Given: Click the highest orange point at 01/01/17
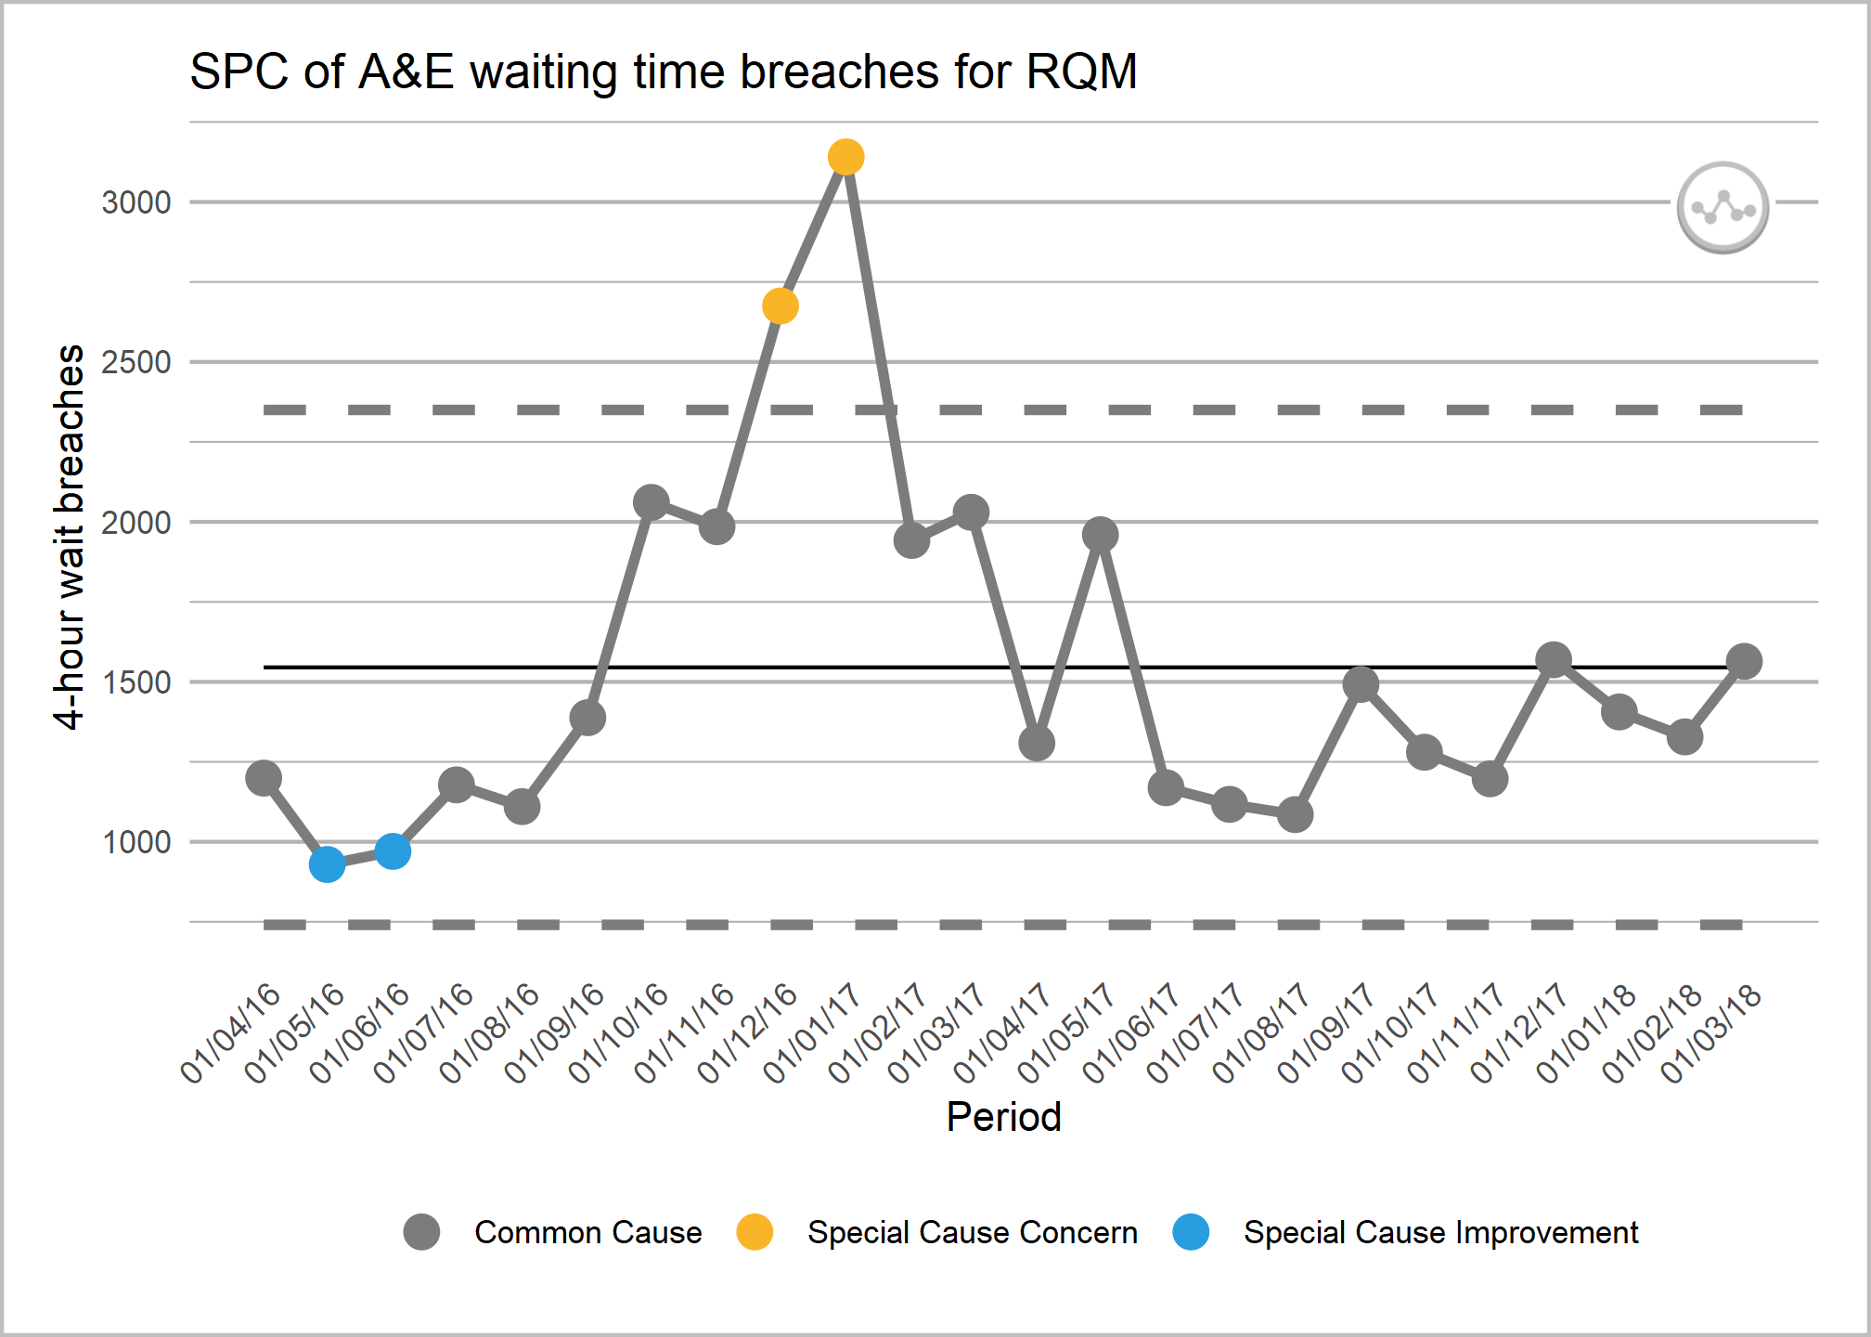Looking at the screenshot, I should click(845, 157).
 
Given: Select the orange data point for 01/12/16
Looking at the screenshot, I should click(781, 305).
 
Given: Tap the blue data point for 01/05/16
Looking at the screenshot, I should click(327, 864).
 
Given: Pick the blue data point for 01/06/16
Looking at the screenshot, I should click(393, 850).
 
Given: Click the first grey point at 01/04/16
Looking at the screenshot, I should click(264, 777).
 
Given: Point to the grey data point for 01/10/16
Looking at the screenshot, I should click(651, 502).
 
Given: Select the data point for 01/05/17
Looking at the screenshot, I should click(1100, 534).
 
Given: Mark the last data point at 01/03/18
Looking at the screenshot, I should click(1744, 661).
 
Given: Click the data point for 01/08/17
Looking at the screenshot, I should click(1295, 814).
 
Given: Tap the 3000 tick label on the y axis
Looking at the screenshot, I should click(136, 202).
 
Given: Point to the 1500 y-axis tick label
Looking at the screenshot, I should click(136, 682).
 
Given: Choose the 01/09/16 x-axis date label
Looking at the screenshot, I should click(554, 1032).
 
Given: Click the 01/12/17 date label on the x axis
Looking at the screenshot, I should click(1519, 1032).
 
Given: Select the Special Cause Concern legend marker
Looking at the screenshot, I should click(755, 1232).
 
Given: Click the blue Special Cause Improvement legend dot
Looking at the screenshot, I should click(1191, 1232).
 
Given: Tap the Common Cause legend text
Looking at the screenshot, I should click(587, 1232).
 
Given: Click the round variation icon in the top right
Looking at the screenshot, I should click(1723, 207).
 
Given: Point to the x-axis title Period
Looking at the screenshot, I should click(1003, 1116).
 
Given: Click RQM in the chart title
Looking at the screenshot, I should click(1081, 71).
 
